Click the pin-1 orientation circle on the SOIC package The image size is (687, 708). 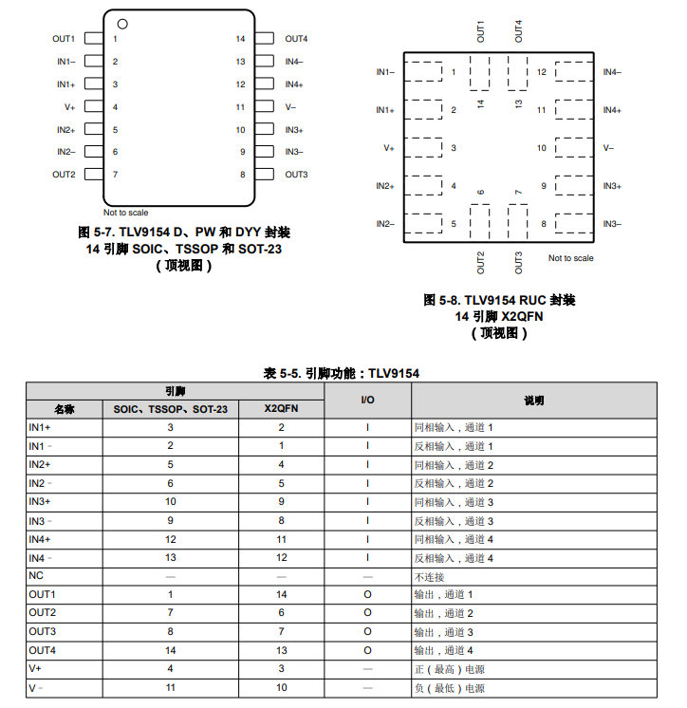pos(122,23)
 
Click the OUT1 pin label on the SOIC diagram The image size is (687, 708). pos(64,39)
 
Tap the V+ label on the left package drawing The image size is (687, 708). pos(69,107)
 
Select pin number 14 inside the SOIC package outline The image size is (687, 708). pos(240,39)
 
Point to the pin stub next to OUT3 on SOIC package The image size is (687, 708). pos(267,175)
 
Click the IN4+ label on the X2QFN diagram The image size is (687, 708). pos(612,110)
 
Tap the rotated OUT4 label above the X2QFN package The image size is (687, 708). pos(518,31)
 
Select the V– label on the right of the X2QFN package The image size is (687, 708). pos(608,148)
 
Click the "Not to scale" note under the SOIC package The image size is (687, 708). pos(126,213)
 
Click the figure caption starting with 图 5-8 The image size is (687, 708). pos(499,300)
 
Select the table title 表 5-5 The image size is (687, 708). pos(342,373)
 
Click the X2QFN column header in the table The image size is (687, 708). pos(281,409)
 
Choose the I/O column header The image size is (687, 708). pos(368,401)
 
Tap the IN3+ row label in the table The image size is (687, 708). pos(40,501)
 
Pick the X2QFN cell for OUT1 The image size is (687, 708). pos(281,594)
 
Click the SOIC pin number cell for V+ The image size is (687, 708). pos(171,668)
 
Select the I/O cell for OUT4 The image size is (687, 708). pos(368,650)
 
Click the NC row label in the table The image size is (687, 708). pos(36,576)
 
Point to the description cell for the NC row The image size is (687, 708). pos(430,576)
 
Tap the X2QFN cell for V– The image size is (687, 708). pos(281,687)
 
